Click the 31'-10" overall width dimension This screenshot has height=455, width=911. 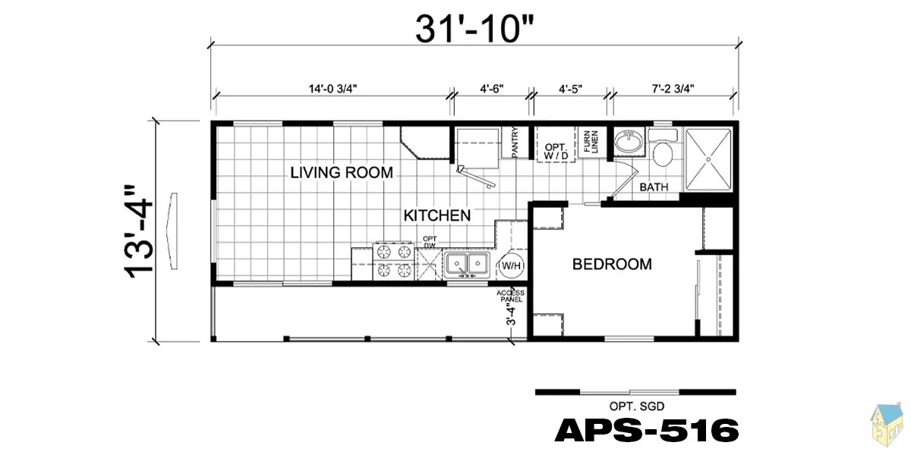click(474, 30)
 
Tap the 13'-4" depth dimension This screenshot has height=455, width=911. click(138, 232)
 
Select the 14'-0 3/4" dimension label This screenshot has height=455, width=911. click(333, 89)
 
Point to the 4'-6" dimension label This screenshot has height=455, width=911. click(492, 89)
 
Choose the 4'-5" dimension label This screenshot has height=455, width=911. click(570, 89)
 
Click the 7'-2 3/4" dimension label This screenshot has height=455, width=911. click(673, 89)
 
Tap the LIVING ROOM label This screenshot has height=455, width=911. click(342, 173)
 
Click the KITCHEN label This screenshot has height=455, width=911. click(437, 215)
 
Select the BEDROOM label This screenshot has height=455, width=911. click(612, 265)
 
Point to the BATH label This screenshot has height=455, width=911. click(654, 187)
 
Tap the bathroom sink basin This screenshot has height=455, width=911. click(629, 142)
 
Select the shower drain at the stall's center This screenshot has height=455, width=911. click(708, 160)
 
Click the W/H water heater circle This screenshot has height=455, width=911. click(511, 266)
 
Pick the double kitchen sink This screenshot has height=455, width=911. click(467, 265)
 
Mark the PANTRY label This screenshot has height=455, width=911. click(515, 143)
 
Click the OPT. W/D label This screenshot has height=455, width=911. click(556, 151)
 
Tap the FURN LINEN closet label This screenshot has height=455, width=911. click(591, 141)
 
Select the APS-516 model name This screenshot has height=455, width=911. click(647, 430)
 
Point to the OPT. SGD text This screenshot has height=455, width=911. click(637, 406)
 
